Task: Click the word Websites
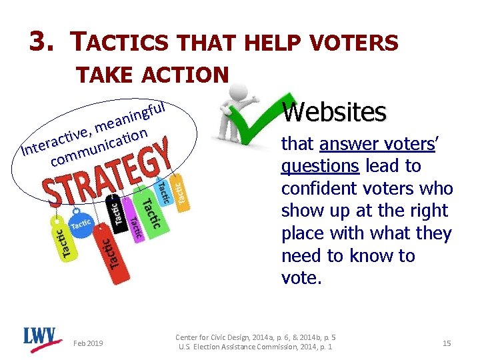click(334, 111)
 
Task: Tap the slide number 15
click(447, 343)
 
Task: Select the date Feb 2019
click(88, 343)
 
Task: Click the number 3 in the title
click(39, 42)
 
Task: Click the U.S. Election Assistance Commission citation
click(255, 347)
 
